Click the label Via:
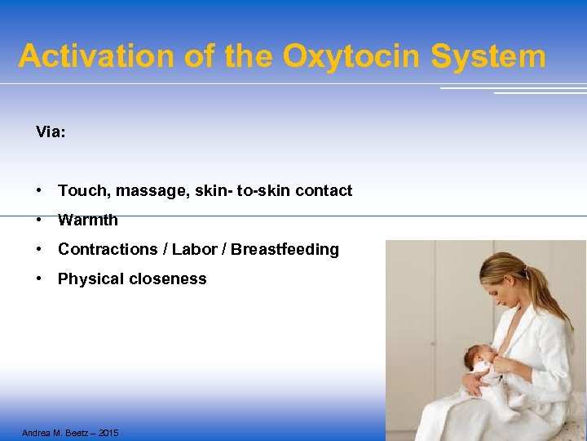[x=51, y=131]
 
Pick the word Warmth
[x=88, y=220]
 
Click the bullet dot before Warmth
[x=39, y=220]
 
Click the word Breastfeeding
[x=285, y=250]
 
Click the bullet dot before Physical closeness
[x=39, y=279]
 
